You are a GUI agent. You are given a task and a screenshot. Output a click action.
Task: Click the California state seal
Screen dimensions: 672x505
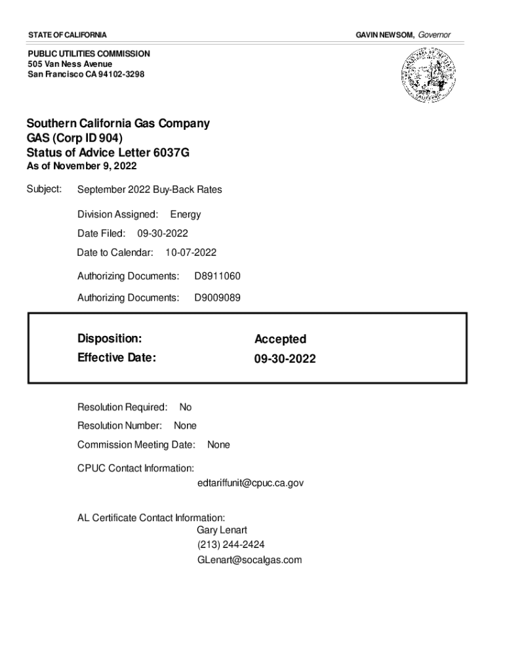point(428,77)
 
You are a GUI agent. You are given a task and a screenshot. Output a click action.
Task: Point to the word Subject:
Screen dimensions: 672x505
point(44,189)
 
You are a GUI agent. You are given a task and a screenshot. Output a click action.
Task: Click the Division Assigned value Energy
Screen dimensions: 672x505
point(186,214)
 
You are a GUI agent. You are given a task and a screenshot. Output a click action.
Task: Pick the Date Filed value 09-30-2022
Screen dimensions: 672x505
point(163,233)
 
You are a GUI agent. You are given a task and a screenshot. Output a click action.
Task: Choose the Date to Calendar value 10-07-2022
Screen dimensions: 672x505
point(191,252)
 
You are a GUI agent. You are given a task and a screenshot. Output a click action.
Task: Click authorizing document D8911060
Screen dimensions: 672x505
point(217,276)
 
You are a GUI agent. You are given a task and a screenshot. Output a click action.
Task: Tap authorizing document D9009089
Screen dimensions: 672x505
point(217,298)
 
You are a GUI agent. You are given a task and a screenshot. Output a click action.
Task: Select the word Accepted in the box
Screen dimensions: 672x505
point(280,339)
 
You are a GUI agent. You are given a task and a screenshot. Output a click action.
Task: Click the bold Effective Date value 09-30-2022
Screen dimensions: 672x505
point(285,359)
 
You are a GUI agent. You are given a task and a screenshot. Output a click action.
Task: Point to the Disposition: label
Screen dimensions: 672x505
point(110,339)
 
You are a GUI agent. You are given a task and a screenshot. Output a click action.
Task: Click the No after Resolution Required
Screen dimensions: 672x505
point(186,408)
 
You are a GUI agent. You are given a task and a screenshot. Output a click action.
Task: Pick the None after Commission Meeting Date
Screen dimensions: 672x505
point(218,445)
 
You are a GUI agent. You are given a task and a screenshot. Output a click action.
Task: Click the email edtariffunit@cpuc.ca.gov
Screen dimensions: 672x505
point(250,483)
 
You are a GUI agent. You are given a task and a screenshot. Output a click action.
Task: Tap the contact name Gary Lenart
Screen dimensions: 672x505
point(222,530)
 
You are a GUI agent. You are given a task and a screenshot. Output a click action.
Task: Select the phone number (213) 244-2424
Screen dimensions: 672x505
point(231,545)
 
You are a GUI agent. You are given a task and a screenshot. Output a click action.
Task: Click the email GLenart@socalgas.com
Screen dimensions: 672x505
point(249,560)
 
